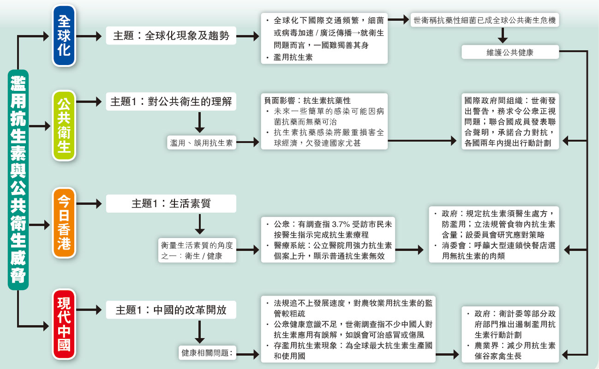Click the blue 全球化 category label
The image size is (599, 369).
(64, 36)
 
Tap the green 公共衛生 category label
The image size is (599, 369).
(64, 125)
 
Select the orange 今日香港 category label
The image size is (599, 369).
(64, 222)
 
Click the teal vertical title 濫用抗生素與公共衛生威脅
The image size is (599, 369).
(18, 179)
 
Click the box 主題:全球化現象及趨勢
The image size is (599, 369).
(171, 36)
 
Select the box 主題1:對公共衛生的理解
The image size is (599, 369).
(171, 101)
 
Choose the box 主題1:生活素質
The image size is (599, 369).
(171, 203)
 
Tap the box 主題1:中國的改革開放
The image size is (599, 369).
(171, 309)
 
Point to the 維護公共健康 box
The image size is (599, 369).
(510, 52)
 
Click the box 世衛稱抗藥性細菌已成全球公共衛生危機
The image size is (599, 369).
(485, 20)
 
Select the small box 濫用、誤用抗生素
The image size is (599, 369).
(201, 143)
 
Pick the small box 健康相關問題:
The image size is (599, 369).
(207, 353)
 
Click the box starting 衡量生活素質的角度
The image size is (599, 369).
(197, 250)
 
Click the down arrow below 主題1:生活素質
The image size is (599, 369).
(200, 225)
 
